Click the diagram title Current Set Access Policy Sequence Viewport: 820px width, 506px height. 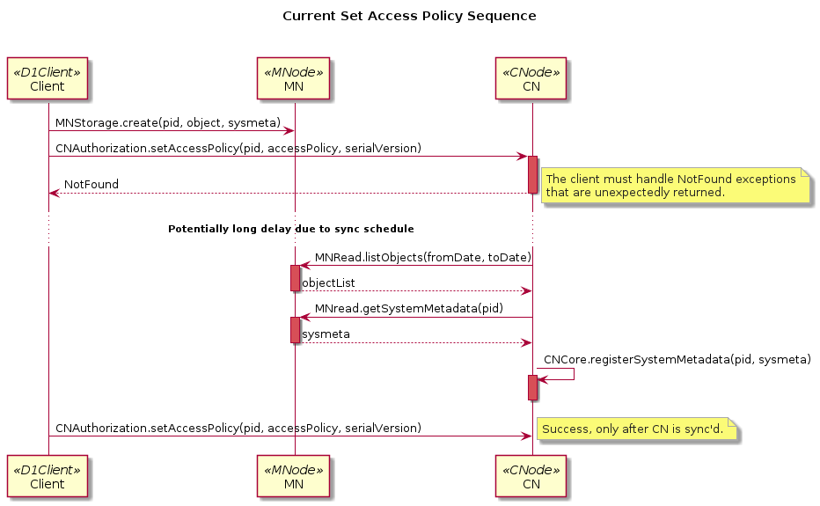(x=409, y=16)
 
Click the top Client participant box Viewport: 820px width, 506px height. (x=48, y=79)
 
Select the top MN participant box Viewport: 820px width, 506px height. (x=294, y=79)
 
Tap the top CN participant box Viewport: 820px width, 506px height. (x=531, y=79)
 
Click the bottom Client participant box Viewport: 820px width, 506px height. (x=48, y=477)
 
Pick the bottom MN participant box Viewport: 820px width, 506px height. (x=294, y=477)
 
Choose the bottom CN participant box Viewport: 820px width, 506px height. (x=531, y=477)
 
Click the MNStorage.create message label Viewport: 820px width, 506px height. (x=168, y=122)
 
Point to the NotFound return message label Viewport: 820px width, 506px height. (x=92, y=185)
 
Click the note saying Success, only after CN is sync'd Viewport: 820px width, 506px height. (x=637, y=429)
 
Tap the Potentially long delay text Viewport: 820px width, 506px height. (x=290, y=229)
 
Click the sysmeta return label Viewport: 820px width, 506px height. (x=326, y=334)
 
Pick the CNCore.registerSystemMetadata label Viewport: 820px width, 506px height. (x=677, y=360)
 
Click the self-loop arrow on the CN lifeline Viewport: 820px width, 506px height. (x=563, y=374)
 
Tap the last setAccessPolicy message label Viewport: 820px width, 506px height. (x=238, y=428)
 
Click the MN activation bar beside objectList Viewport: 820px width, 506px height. (x=295, y=277)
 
